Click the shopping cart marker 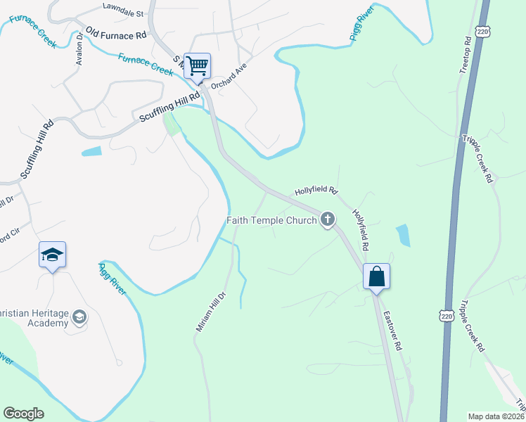[x=198, y=66]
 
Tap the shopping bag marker [x=376, y=276]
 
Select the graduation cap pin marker [x=52, y=255]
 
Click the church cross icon [x=327, y=220]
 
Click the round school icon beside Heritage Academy [x=79, y=318]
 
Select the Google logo [x=23, y=414]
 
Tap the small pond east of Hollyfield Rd [x=402, y=235]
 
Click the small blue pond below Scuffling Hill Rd [x=91, y=151]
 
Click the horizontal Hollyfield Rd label [x=316, y=191]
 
